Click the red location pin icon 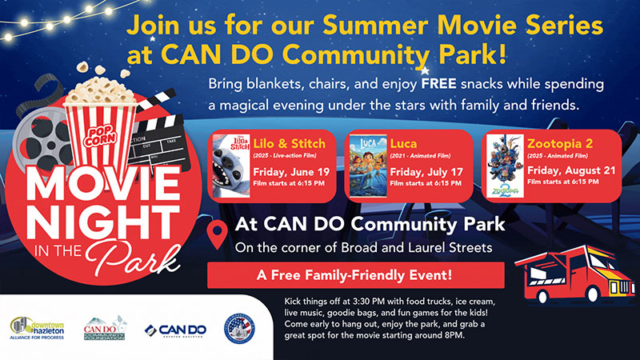coord(216,234)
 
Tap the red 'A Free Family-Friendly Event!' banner coord(355,274)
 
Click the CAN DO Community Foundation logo coord(105,328)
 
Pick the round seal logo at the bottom coord(241,329)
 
